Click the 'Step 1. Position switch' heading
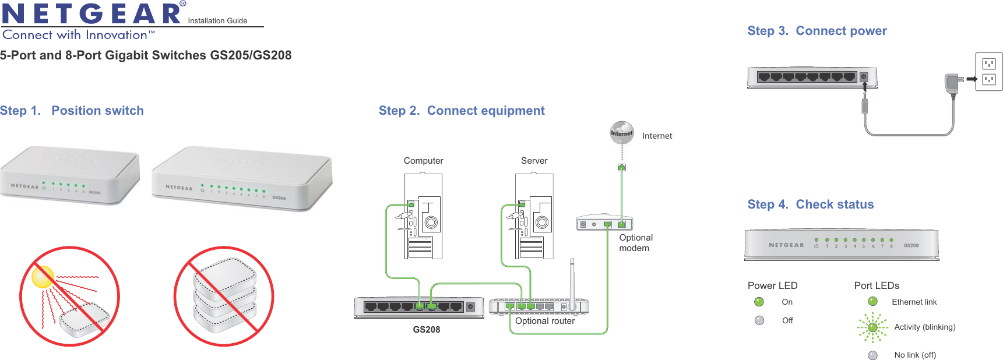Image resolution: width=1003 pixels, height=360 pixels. click(x=72, y=111)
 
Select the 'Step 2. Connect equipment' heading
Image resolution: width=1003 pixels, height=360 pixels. click(x=462, y=111)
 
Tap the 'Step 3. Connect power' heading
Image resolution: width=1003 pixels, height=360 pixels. click(x=817, y=31)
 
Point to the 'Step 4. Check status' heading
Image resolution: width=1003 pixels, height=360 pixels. click(x=810, y=204)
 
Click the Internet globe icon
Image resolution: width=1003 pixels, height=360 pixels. click(x=622, y=133)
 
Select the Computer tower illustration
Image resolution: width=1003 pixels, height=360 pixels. click(x=424, y=217)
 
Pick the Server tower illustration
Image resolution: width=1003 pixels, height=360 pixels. click(x=534, y=217)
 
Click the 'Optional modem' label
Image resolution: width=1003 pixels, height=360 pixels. click(x=635, y=243)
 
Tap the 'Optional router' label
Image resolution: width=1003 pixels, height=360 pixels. click(x=544, y=321)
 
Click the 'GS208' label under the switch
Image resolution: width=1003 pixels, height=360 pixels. click(x=426, y=330)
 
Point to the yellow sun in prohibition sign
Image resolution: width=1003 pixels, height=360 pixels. click(x=43, y=277)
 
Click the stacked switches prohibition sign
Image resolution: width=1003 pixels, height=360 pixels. click(x=224, y=296)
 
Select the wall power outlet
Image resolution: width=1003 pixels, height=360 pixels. click(x=988, y=72)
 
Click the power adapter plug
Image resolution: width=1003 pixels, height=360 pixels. click(x=952, y=83)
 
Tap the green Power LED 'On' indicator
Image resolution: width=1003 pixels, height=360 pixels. click(x=759, y=302)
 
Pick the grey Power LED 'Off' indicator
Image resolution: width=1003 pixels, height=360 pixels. click(x=759, y=320)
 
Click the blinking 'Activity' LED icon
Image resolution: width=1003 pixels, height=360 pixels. click(x=872, y=327)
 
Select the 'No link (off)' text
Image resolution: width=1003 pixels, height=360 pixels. click(x=915, y=355)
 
